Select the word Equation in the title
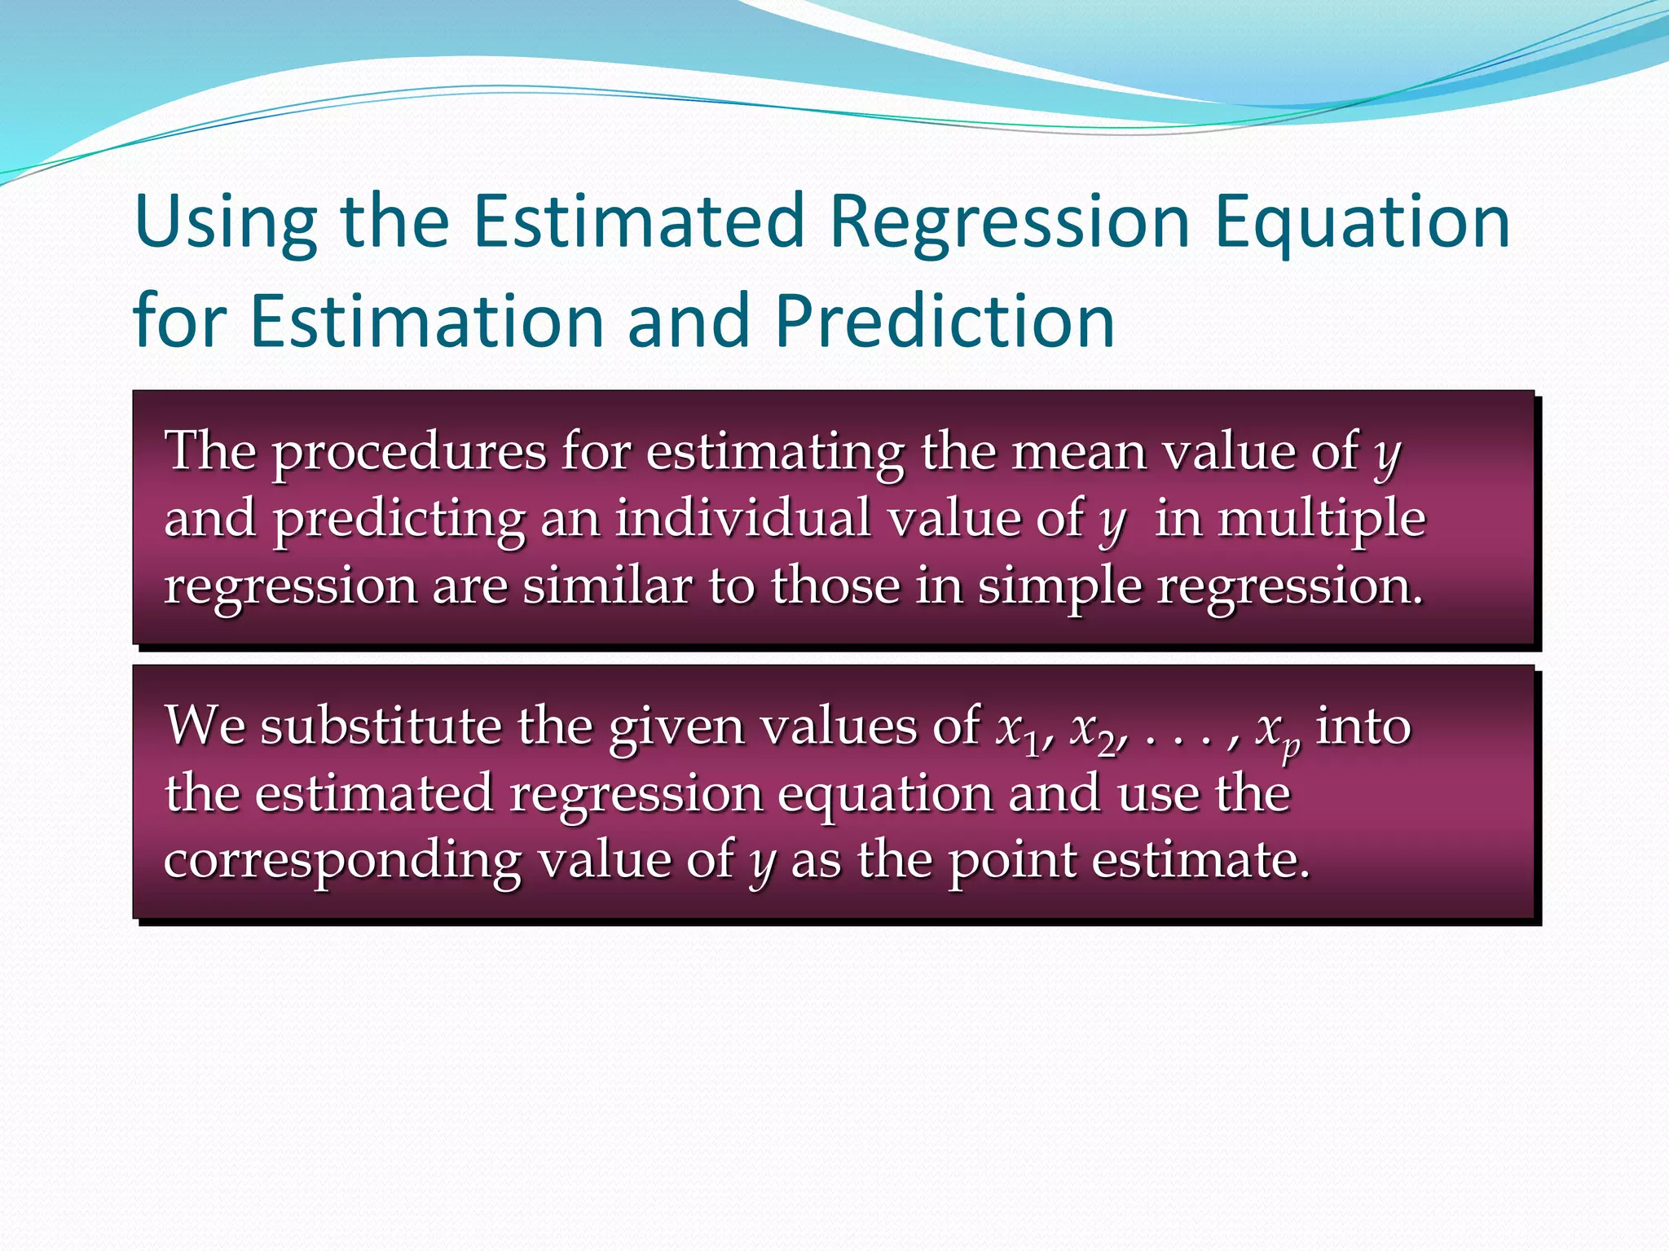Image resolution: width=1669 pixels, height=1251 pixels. click(1362, 222)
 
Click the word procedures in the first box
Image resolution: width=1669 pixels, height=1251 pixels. click(408, 454)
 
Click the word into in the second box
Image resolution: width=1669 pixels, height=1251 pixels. click(1363, 726)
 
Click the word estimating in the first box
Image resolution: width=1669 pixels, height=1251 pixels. click(775, 454)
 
